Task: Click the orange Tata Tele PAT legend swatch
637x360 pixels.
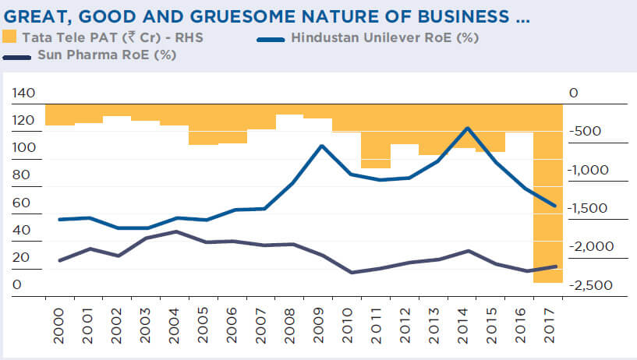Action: point(9,37)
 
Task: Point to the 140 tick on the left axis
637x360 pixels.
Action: point(24,94)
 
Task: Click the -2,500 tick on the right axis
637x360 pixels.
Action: point(593,285)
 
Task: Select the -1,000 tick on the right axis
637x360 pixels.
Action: point(593,170)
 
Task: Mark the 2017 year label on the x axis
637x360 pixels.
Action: point(551,322)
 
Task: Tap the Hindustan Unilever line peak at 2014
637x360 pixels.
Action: point(465,128)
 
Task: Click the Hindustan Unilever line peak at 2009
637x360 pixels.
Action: point(322,146)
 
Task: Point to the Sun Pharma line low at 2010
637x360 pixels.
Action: point(351,273)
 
